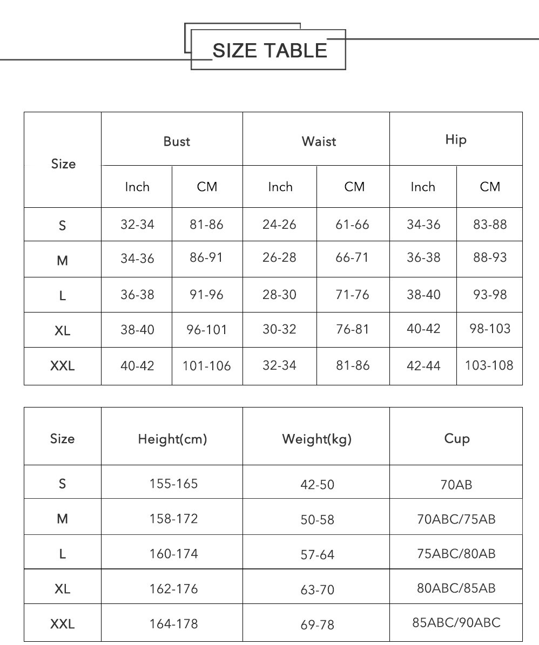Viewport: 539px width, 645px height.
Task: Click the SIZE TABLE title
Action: point(269,50)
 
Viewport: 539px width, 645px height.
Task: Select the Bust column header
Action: point(177,141)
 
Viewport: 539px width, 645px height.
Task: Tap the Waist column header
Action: point(319,141)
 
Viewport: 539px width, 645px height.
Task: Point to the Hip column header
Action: point(455,140)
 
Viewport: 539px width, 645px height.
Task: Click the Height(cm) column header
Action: point(172,439)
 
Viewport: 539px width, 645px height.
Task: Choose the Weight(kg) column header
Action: point(316,439)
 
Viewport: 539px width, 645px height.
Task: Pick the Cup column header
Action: point(456,438)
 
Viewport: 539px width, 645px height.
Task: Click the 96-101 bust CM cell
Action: point(207,329)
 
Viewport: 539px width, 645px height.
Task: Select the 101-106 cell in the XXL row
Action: point(207,366)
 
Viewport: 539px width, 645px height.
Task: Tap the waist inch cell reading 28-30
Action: point(279,295)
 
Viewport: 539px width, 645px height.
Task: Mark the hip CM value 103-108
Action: point(489,365)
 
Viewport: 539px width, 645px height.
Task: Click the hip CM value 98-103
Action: point(490,328)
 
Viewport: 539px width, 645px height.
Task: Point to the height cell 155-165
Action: point(173,484)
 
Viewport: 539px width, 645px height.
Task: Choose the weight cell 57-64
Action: point(317,554)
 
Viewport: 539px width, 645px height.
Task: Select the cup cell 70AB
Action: point(456,485)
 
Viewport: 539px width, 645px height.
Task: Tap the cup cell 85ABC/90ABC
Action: point(456,623)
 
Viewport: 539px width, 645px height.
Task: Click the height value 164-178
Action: point(173,624)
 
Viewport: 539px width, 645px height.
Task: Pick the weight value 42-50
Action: point(317,485)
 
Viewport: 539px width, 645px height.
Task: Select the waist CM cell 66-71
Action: point(352,257)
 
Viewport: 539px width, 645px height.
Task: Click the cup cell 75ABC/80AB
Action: point(456,554)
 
